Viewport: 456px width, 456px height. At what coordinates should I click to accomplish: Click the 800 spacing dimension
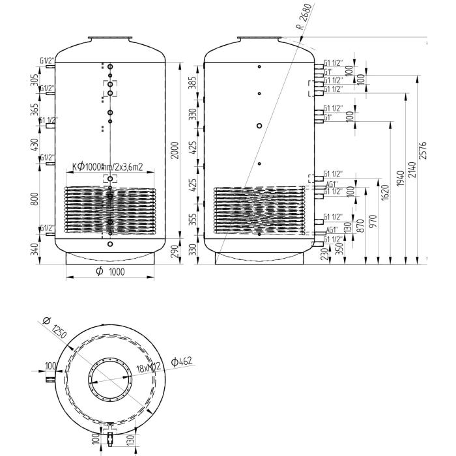(35, 198)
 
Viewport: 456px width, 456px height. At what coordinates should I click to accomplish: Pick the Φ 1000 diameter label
(111, 272)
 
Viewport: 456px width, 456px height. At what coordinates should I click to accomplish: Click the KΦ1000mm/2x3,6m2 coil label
(107, 167)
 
